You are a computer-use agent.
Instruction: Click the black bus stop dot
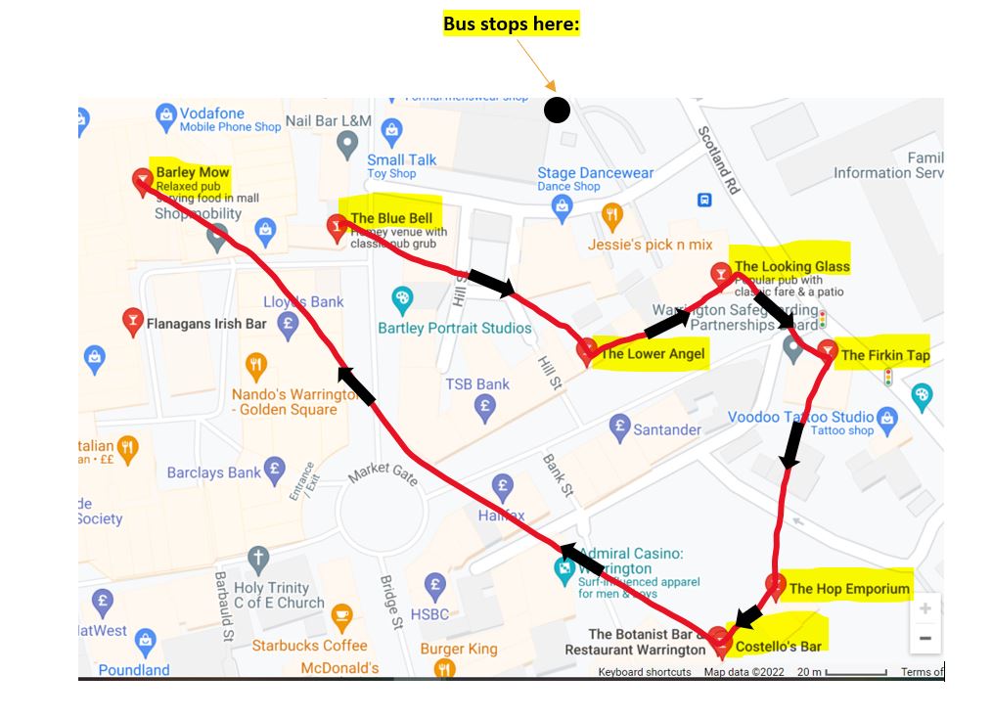(x=557, y=111)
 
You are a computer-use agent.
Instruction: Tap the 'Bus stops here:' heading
(x=512, y=24)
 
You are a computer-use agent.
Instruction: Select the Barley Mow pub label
(x=192, y=173)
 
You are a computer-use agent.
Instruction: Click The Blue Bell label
(x=391, y=217)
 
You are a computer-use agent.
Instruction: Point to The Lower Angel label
(x=652, y=353)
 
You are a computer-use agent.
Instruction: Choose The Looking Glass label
(x=791, y=266)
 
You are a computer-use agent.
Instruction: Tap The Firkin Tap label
(x=885, y=355)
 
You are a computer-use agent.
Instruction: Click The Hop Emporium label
(x=849, y=588)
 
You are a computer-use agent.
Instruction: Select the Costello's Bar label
(x=778, y=646)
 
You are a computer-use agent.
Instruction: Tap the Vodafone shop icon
(x=165, y=116)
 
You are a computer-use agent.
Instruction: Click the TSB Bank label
(x=477, y=384)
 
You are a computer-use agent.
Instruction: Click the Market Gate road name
(x=383, y=473)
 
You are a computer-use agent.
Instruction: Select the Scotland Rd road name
(x=719, y=159)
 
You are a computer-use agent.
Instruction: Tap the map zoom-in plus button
(x=924, y=608)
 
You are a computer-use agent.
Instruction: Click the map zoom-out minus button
(x=924, y=638)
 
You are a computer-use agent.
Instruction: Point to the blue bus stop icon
(x=704, y=200)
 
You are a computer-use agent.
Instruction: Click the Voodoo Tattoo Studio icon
(x=887, y=418)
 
